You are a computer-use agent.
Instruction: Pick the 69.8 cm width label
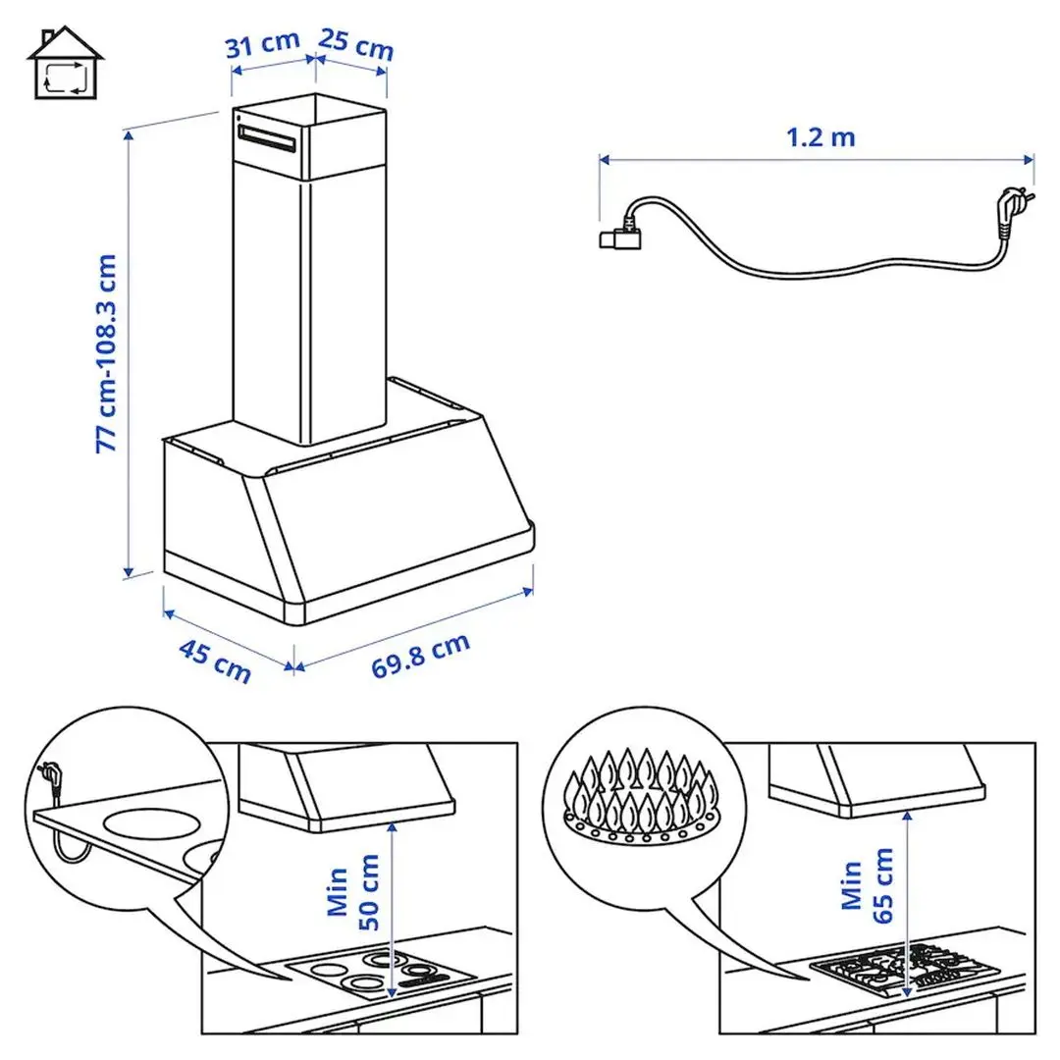coord(420,656)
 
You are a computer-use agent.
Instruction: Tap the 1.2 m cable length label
coord(821,136)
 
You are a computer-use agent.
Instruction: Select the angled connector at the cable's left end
coord(618,237)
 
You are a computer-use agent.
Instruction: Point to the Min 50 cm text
coord(353,890)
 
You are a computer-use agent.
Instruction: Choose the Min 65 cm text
coord(868,890)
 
